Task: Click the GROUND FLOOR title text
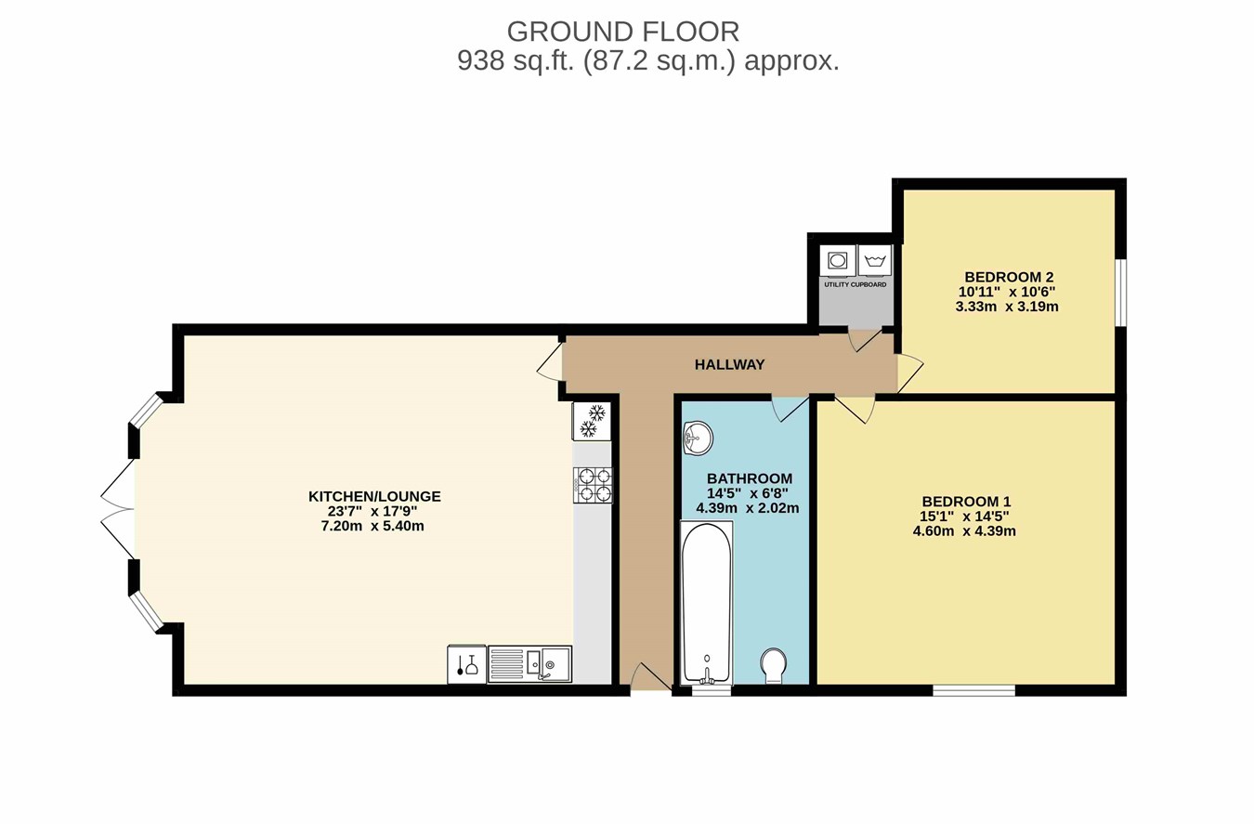[623, 32]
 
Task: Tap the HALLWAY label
[729, 365]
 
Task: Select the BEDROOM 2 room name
[1009, 277]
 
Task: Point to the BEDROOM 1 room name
[966, 502]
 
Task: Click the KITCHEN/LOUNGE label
[374, 496]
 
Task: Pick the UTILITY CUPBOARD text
[855, 285]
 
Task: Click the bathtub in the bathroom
[707, 603]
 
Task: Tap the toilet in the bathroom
[774, 665]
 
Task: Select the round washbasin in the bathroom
[698, 438]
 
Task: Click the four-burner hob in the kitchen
[593, 485]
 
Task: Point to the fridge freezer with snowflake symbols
[592, 421]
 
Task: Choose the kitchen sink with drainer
[529, 664]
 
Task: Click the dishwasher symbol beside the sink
[467, 664]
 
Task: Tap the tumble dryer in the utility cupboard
[838, 261]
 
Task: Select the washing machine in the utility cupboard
[874, 261]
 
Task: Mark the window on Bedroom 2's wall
[1120, 292]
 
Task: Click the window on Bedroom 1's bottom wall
[973, 690]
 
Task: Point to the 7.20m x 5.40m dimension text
[372, 526]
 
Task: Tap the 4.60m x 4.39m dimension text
[964, 531]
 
